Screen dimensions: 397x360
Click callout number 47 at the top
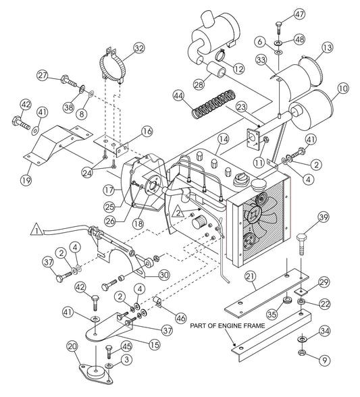click(x=299, y=16)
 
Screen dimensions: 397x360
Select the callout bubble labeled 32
click(x=138, y=48)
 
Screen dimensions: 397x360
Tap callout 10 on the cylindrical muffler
click(x=342, y=88)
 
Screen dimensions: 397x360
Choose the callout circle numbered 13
click(x=328, y=47)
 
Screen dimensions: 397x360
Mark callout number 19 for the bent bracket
click(x=26, y=180)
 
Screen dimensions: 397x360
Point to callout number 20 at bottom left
click(x=73, y=347)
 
